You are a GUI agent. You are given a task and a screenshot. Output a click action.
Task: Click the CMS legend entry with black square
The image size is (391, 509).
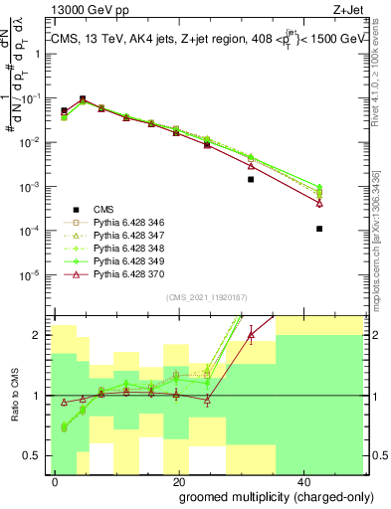tap(103, 210)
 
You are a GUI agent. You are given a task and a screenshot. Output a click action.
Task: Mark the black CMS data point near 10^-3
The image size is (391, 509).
tap(251, 180)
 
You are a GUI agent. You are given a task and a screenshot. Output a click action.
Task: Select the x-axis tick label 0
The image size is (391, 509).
tap(55, 481)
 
